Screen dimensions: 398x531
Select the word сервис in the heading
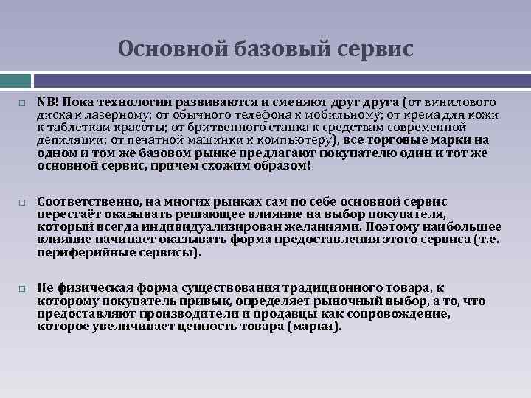pos(377,49)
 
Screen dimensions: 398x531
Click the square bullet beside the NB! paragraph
pos(23,102)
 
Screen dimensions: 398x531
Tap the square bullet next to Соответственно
pos(23,201)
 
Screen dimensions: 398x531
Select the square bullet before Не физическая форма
pos(23,288)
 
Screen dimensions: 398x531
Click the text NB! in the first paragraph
pos(47,102)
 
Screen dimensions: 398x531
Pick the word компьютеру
pos(294,141)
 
